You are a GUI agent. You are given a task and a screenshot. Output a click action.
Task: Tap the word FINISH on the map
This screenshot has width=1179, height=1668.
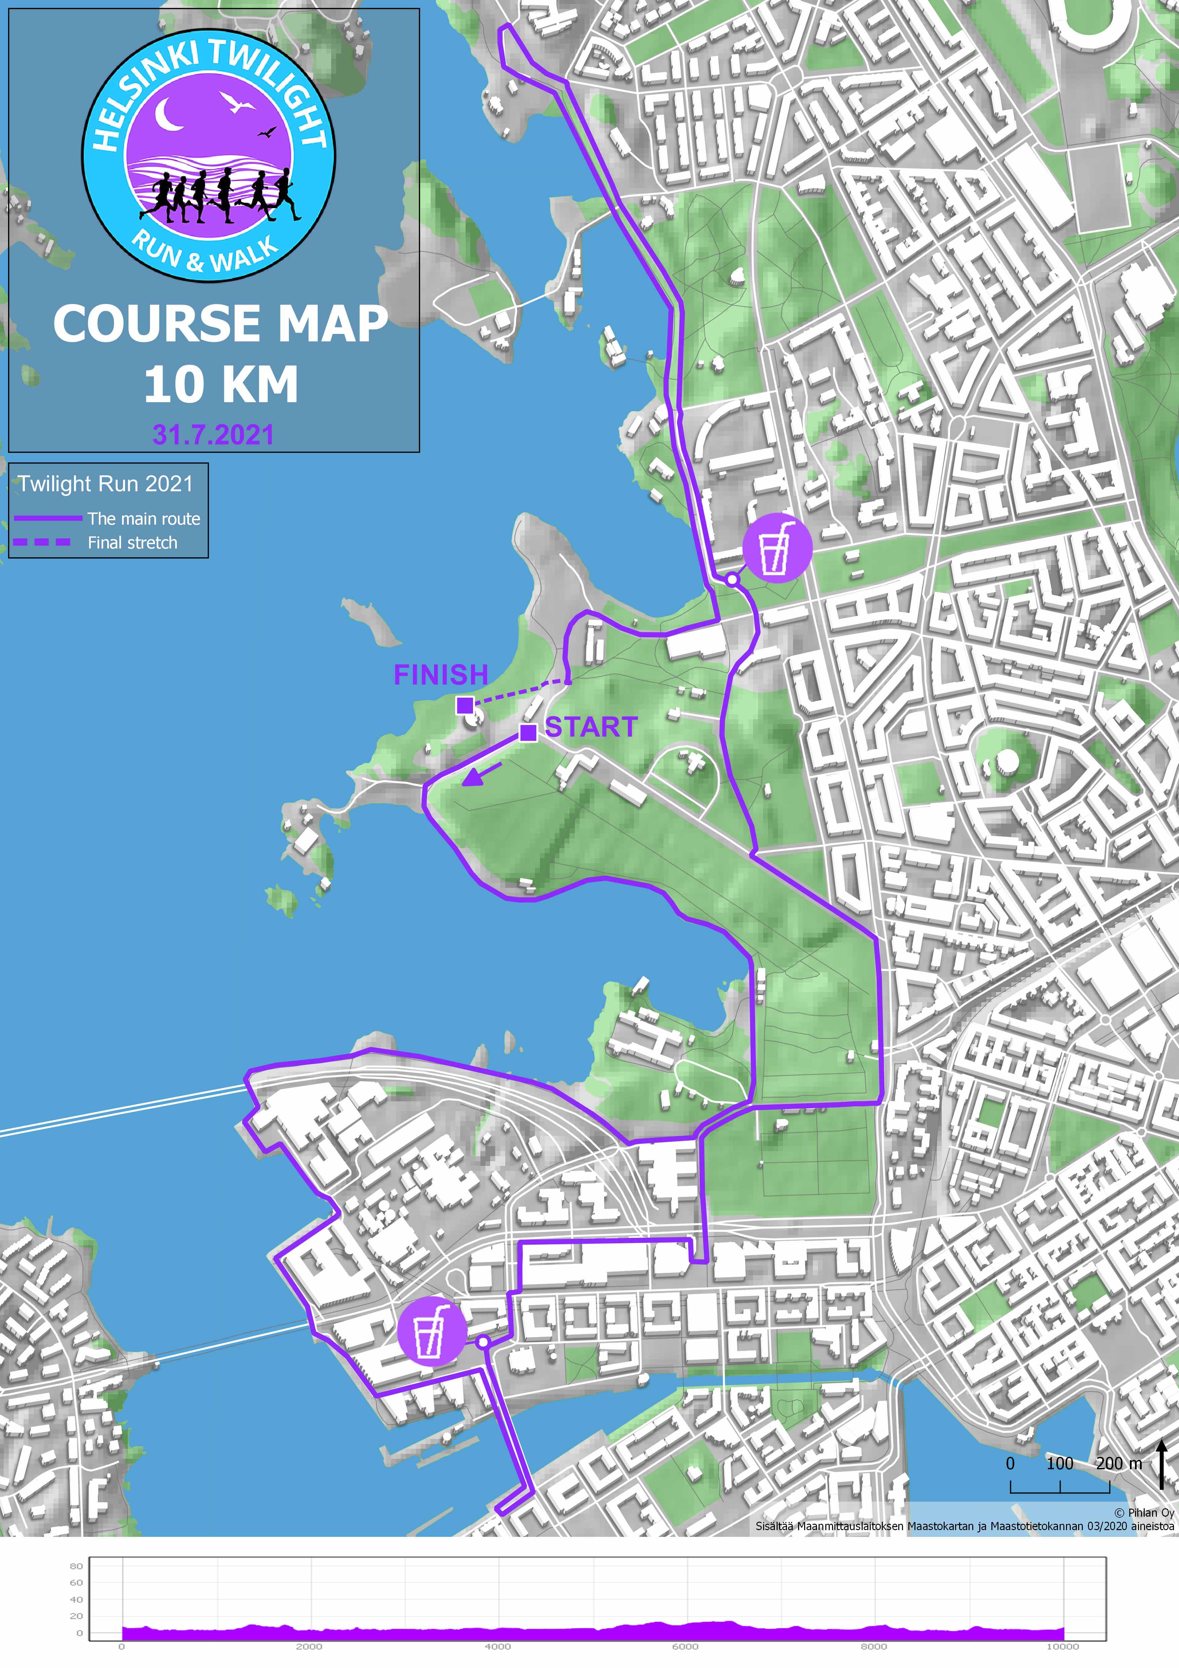(x=441, y=675)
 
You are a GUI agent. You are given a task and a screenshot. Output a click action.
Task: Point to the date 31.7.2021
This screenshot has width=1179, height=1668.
(x=213, y=435)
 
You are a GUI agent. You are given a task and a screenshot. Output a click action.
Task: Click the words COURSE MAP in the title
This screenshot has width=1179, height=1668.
(x=220, y=324)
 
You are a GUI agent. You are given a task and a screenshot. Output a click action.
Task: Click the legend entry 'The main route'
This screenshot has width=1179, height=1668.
(x=143, y=519)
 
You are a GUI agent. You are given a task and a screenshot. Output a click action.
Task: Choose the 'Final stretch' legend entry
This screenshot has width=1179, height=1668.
(x=132, y=543)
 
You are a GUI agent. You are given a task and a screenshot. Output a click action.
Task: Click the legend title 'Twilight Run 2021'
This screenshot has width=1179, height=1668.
(x=106, y=484)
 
